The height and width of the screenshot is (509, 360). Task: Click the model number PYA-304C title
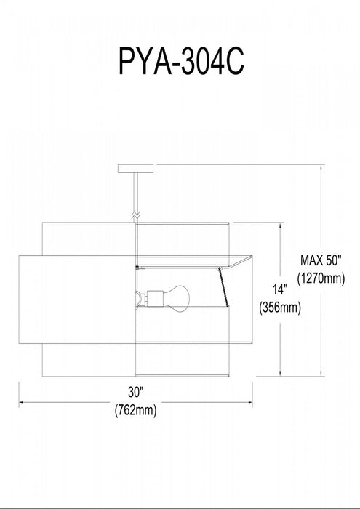tap(181, 61)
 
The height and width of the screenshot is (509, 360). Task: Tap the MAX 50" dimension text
tap(321, 260)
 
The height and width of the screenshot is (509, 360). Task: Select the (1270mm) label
tap(321, 278)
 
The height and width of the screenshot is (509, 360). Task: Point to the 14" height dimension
tap(280, 289)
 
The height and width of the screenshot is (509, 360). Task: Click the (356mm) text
tap(280, 308)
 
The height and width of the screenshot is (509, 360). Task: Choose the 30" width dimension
tap(136, 392)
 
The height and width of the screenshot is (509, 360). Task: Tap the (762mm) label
tap(136, 410)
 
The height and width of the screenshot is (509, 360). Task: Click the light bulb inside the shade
tap(176, 298)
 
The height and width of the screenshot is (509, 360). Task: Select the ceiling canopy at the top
tap(136, 169)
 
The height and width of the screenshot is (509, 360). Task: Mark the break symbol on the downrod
tap(136, 215)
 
